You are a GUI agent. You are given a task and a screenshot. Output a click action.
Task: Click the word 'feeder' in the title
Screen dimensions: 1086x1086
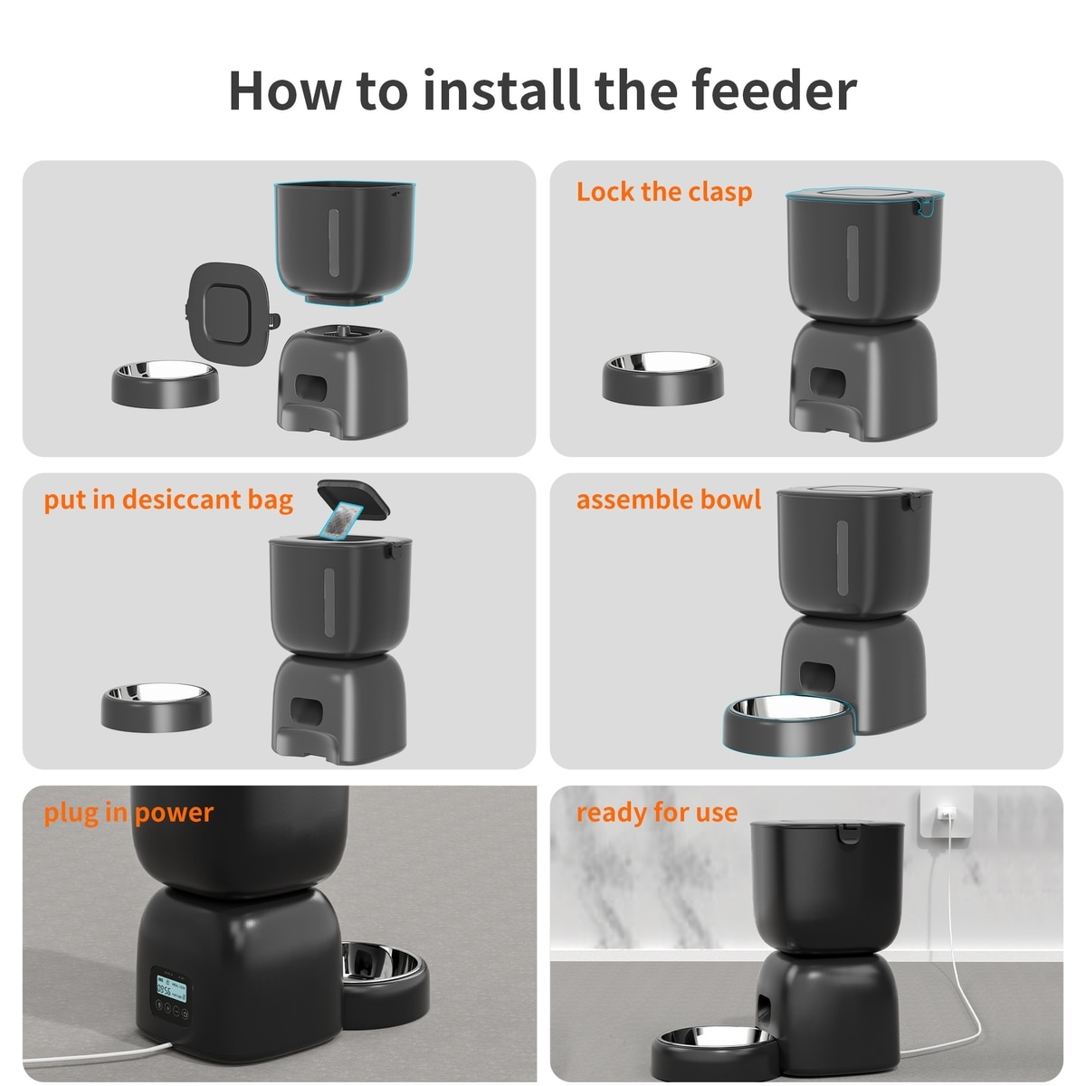pos(773,90)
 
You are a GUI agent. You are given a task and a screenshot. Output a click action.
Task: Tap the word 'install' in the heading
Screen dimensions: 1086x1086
pos(502,90)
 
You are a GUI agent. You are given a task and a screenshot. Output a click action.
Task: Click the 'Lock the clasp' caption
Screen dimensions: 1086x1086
pos(664,192)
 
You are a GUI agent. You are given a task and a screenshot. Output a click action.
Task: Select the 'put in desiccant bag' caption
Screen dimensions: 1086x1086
pos(168,500)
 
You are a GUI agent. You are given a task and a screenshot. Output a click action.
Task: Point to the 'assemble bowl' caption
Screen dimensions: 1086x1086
pos(669,500)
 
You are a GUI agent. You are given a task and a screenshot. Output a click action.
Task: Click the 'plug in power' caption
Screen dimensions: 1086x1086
pos(129,814)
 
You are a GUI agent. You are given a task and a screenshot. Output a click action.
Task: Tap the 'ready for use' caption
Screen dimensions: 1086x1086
pos(656,813)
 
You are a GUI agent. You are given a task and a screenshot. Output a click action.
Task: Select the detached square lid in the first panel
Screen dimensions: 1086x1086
pos(232,313)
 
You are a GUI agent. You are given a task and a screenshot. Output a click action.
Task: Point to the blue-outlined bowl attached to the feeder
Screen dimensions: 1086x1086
pos(788,724)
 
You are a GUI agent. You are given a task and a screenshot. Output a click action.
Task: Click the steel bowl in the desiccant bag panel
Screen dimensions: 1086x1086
pos(157,708)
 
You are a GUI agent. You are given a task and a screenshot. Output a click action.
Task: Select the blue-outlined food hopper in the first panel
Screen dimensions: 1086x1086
pos(344,243)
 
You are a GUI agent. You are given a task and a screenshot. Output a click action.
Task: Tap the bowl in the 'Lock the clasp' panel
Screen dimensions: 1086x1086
pos(662,377)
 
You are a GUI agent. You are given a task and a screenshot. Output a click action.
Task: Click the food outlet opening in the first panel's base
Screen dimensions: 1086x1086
pos(310,387)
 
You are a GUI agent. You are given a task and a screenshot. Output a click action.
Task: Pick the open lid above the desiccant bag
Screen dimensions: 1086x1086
pos(354,498)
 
